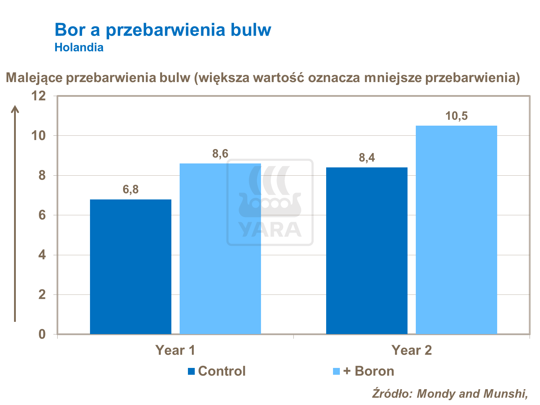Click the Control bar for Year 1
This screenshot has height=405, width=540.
(x=131, y=266)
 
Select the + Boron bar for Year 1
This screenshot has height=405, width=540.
(x=220, y=248)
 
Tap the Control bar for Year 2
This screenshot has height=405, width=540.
(x=367, y=251)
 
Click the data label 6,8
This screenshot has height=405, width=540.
(x=131, y=189)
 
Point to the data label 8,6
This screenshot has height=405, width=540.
(x=220, y=154)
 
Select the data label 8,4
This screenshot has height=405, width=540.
(x=367, y=158)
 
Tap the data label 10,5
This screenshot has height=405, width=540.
(x=456, y=116)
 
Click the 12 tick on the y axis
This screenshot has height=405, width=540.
(x=39, y=96)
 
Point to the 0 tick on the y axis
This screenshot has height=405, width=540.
(x=42, y=334)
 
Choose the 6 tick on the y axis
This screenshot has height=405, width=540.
(x=42, y=215)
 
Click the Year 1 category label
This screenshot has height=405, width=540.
(x=175, y=350)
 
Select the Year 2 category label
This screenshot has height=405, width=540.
(x=411, y=350)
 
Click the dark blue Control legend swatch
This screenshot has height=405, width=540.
(x=192, y=371)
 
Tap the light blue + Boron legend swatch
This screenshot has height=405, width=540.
(x=337, y=371)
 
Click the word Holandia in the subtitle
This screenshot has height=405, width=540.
(x=79, y=48)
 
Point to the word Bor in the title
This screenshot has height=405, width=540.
(x=69, y=30)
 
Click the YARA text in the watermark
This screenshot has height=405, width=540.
(x=270, y=229)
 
